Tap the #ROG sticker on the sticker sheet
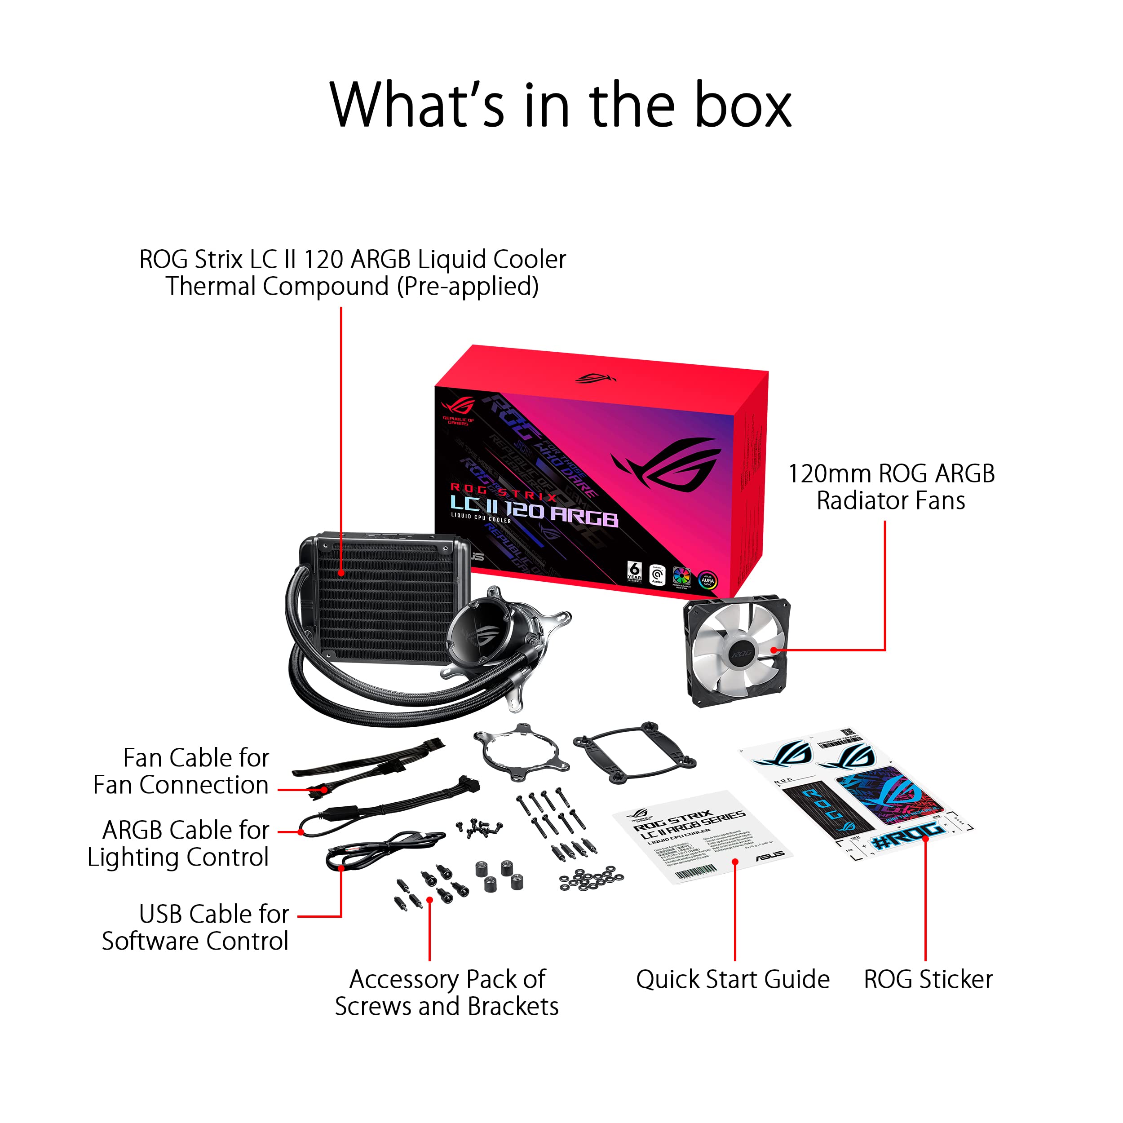point(907,837)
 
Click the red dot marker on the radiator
point(341,573)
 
